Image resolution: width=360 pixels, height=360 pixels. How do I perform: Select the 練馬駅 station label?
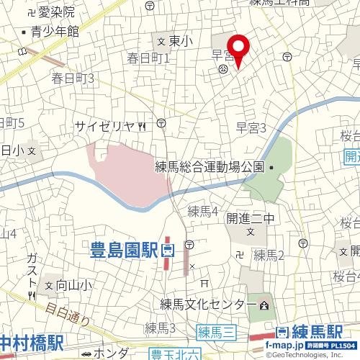pyautogui.click(x=318, y=333)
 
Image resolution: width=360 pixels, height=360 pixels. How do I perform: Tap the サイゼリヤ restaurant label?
pyautogui.click(x=105, y=127)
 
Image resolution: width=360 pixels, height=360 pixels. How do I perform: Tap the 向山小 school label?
pyautogui.click(x=71, y=285)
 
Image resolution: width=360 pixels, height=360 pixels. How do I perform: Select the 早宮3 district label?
pyautogui.click(x=252, y=128)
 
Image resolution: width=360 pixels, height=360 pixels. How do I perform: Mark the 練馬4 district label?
pyautogui.click(x=203, y=211)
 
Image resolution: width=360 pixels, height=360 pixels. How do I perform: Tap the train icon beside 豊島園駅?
pyautogui.click(x=168, y=251)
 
